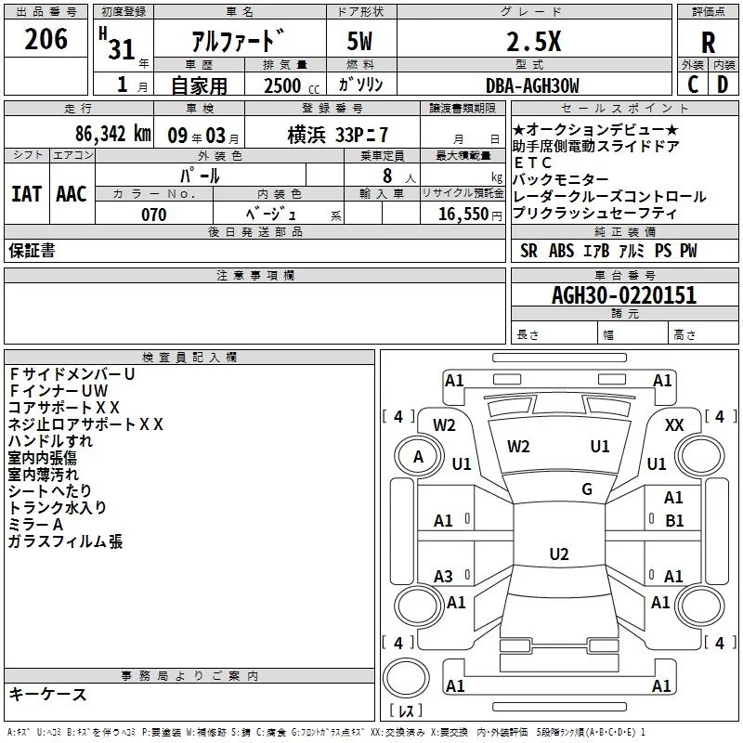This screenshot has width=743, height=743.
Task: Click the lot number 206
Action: click(x=46, y=39)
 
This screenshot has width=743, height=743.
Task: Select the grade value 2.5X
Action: click(x=533, y=42)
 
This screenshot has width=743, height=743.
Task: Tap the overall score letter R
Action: click(x=708, y=43)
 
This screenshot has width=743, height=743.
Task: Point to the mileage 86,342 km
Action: click(x=112, y=134)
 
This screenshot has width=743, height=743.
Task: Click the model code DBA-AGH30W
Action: click(x=532, y=85)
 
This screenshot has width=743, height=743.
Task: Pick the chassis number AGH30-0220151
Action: click(x=624, y=295)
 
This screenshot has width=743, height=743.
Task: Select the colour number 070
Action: click(x=154, y=215)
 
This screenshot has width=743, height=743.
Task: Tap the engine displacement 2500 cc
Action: click(x=292, y=85)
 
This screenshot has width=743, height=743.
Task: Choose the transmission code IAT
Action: click(x=27, y=194)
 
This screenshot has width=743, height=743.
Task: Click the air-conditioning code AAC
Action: click(x=72, y=194)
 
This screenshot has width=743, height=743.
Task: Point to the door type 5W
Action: click(x=359, y=41)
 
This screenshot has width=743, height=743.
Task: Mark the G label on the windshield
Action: click(x=587, y=489)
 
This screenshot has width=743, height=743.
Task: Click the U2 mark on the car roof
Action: click(x=559, y=554)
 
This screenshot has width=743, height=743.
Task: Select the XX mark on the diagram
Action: click(x=674, y=425)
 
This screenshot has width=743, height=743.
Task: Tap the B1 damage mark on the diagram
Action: click(x=674, y=521)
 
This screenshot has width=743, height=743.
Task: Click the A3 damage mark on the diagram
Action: click(x=443, y=576)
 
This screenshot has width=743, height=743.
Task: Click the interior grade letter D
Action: click(x=723, y=85)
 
